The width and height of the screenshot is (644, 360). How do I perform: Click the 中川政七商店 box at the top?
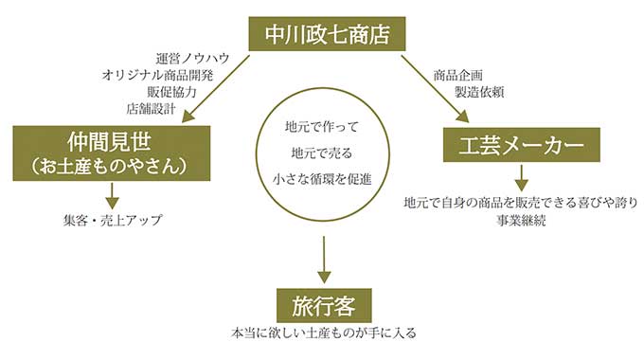pos(322,35)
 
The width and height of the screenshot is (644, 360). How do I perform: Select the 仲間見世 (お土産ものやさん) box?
pos(112,152)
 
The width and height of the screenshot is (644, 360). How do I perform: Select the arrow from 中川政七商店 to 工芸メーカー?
pos(433,88)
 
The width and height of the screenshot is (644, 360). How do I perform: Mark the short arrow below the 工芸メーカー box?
pos(521,176)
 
